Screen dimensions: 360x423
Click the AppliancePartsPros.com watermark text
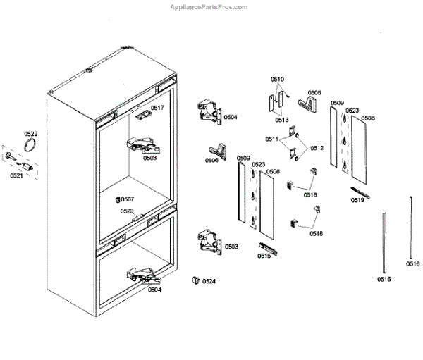coord(209,7)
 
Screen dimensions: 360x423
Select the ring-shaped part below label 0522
coord(30,146)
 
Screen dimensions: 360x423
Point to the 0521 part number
coord(16,175)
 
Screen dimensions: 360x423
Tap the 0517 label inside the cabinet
coord(157,108)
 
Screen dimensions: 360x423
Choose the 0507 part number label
coord(127,199)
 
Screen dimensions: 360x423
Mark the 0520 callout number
coord(127,211)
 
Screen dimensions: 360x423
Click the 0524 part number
coord(209,281)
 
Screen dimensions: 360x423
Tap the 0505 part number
coord(314,92)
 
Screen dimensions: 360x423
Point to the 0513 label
coord(282,120)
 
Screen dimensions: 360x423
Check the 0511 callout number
coord(271,139)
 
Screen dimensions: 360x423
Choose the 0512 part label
coord(316,148)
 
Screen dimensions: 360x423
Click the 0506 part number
coord(211,160)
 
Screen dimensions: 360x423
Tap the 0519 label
coord(358,200)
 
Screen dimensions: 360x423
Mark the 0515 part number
coord(264,256)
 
